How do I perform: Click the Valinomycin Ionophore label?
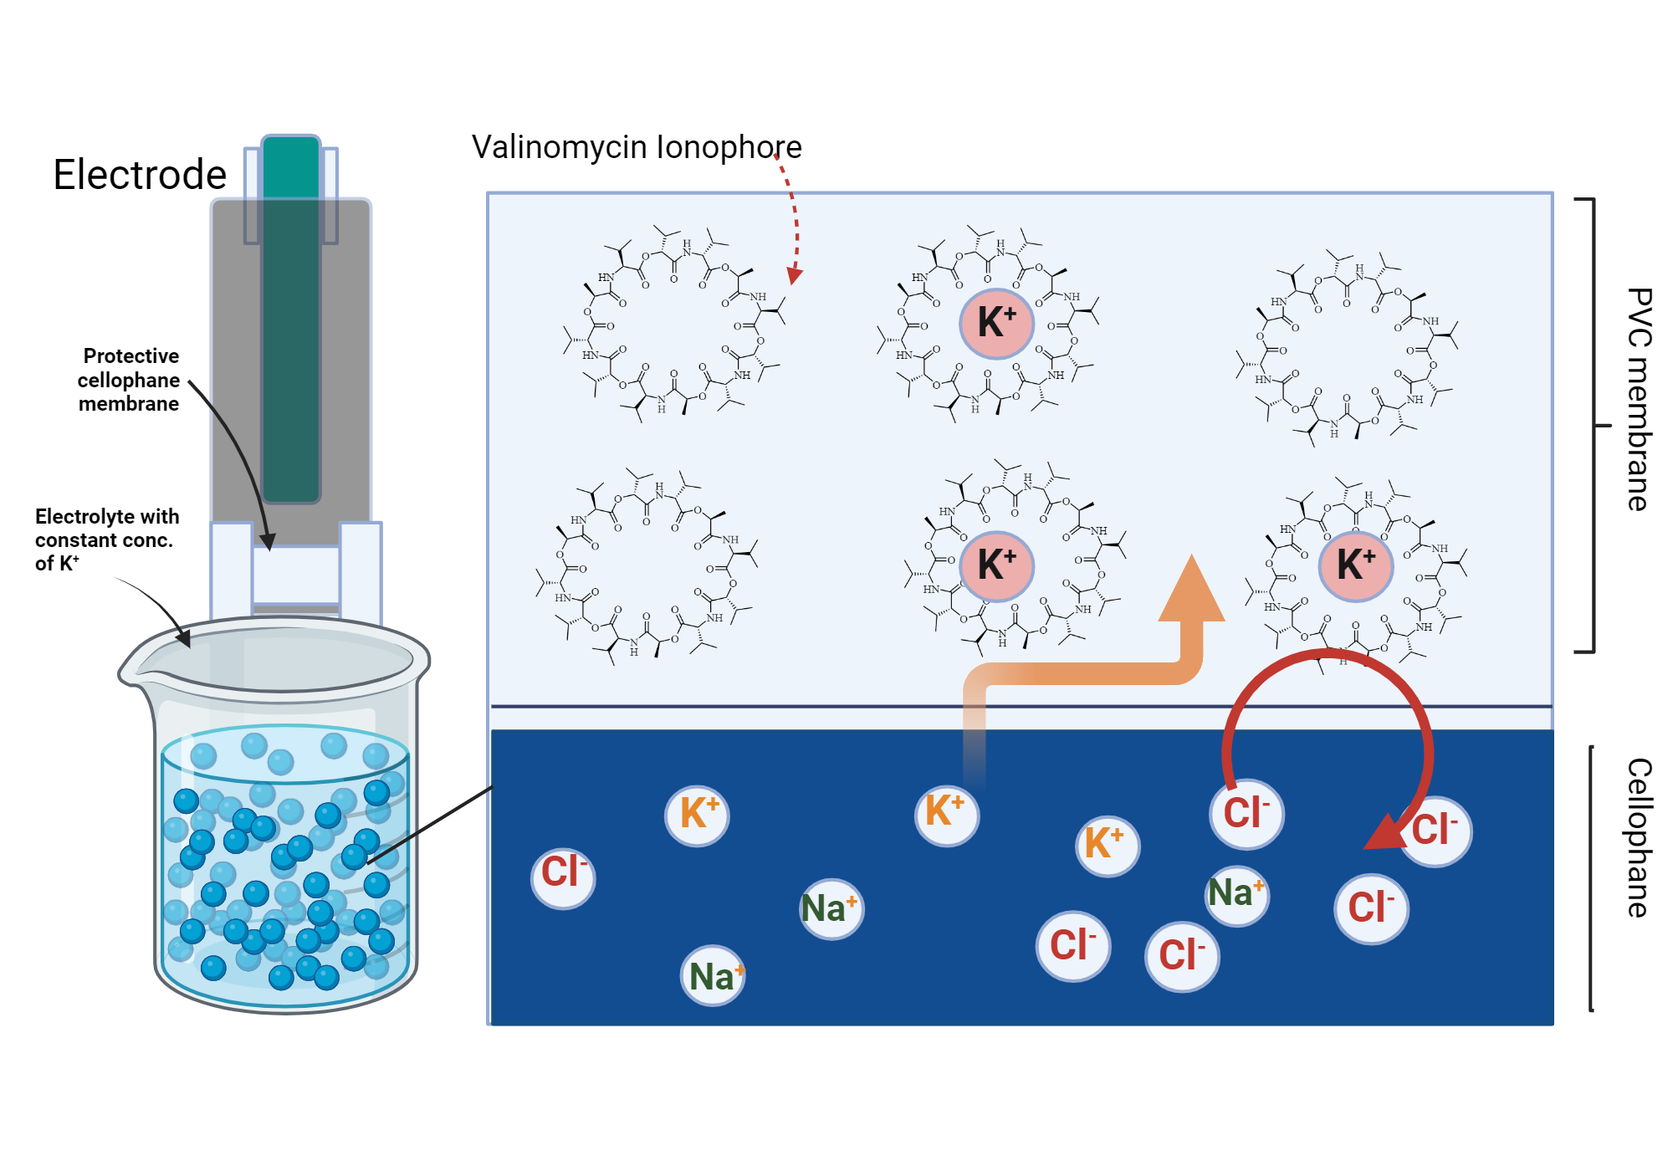pos(637,147)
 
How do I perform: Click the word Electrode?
pos(140,175)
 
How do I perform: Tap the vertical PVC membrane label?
pos(1639,399)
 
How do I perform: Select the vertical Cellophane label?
pos(1639,837)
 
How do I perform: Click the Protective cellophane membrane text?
pos(129,380)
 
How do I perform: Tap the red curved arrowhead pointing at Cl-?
pos(1384,832)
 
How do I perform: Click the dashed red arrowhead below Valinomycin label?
pos(795,275)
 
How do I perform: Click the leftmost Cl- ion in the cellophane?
pos(563,873)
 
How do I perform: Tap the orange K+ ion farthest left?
pos(698,814)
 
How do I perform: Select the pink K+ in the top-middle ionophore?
pos(996,323)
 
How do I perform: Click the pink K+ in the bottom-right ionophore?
pos(1355,565)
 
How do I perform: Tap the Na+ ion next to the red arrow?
pos(1236,893)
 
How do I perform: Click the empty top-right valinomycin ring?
pos(1347,347)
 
